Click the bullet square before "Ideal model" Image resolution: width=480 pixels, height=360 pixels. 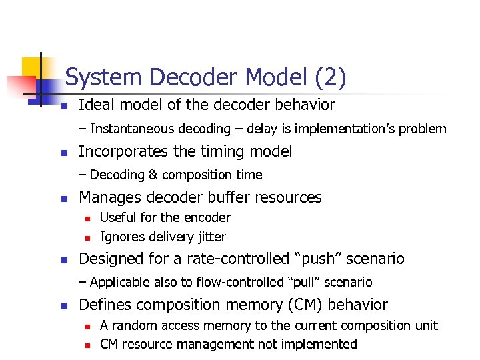(64, 107)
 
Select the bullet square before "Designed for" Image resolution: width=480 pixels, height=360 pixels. (64, 260)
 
